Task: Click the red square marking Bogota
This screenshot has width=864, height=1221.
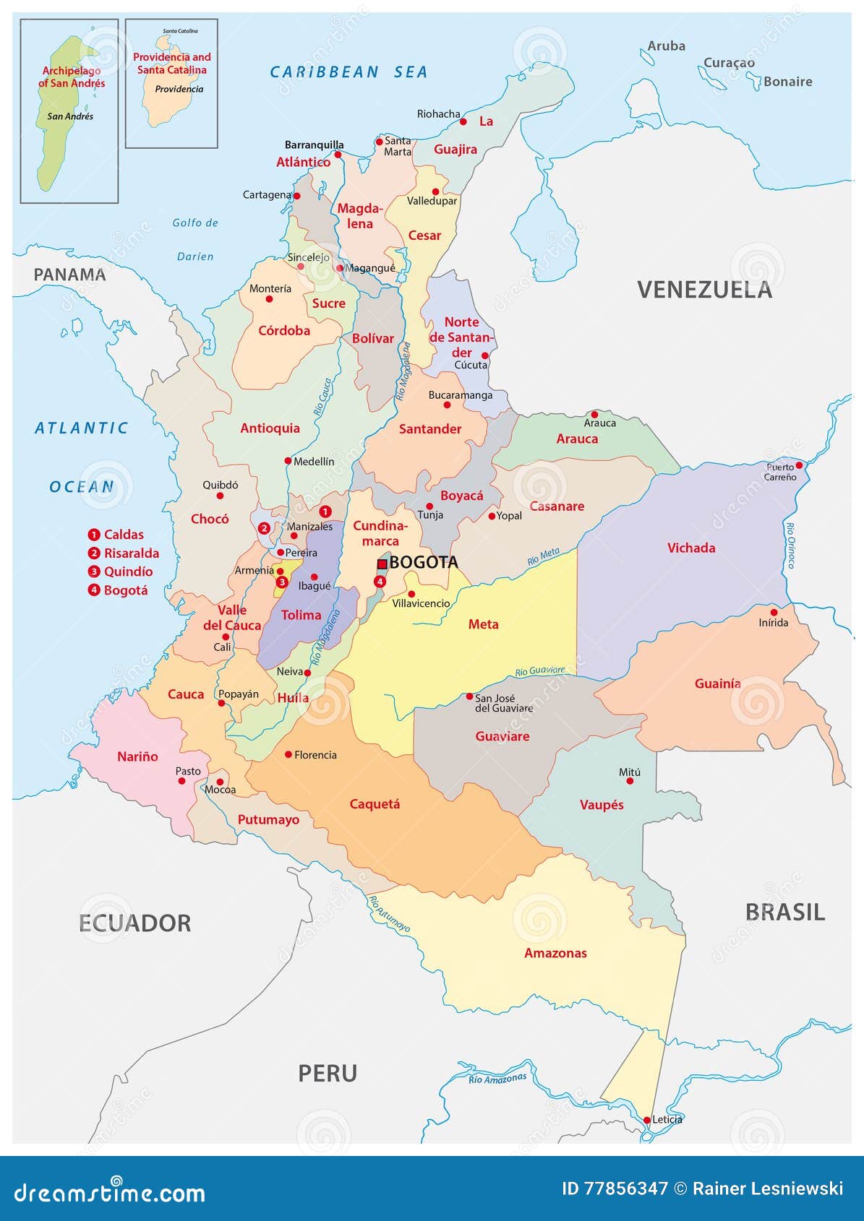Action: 382,564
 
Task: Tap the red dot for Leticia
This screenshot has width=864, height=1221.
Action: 647,1120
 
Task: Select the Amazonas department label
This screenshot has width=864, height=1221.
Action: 555,953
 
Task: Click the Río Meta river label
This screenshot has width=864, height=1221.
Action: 543,557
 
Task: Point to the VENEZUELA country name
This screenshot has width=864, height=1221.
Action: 704,290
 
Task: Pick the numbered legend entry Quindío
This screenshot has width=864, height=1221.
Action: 121,571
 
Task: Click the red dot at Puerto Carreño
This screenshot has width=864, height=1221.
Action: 799,465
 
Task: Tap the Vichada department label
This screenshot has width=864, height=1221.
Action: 690,548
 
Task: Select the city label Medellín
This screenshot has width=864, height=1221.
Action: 314,461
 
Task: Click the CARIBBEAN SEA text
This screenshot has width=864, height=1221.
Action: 348,72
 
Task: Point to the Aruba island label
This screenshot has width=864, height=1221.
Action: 666,46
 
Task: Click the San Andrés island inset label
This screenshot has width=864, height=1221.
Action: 70,116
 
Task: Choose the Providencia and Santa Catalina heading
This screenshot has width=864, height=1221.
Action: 171,64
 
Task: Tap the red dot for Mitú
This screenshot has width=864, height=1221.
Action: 630,781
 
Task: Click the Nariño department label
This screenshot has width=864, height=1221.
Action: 137,756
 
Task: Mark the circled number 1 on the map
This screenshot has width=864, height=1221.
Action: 325,512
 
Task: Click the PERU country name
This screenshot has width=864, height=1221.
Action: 328,1073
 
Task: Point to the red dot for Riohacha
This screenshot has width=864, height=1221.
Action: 463,122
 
